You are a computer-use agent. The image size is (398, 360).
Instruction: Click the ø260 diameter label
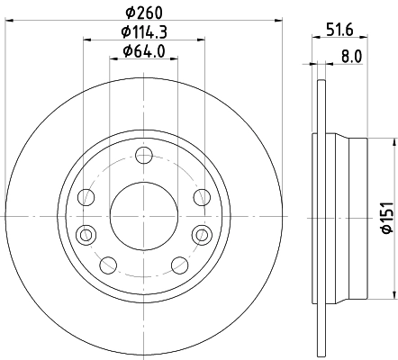(143, 12)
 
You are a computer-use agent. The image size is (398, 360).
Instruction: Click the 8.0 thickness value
(350, 55)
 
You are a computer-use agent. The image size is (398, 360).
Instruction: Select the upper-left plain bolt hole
(87, 197)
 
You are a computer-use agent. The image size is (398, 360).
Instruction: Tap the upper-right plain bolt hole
(199, 197)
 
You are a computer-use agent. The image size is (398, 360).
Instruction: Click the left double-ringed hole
(86, 235)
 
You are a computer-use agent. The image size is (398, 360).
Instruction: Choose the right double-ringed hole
(200, 235)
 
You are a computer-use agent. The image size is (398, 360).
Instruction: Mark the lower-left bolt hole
(108, 265)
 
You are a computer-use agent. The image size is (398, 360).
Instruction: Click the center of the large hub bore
(143, 216)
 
